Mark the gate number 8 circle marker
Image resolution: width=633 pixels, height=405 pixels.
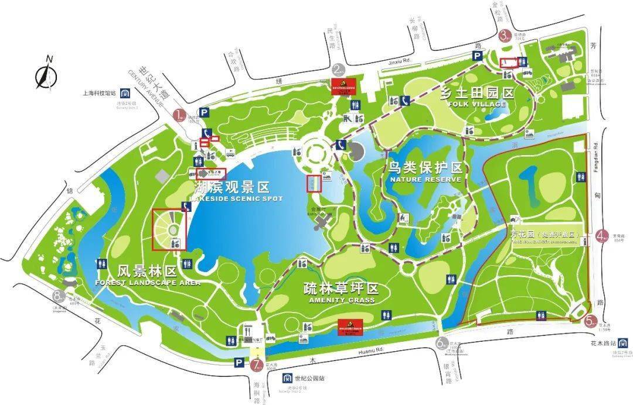click(x=57, y=296)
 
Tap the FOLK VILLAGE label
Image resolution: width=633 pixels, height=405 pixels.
click(x=476, y=104)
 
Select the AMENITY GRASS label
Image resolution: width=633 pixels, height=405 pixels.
click(x=341, y=300)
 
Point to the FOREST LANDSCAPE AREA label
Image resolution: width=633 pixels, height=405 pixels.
click(x=147, y=283)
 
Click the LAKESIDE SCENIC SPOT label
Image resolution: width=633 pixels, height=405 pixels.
click(x=239, y=199)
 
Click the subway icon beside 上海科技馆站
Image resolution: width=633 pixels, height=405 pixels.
click(x=125, y=92)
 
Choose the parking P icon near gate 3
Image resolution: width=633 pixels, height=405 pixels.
click(x=478, y=56)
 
